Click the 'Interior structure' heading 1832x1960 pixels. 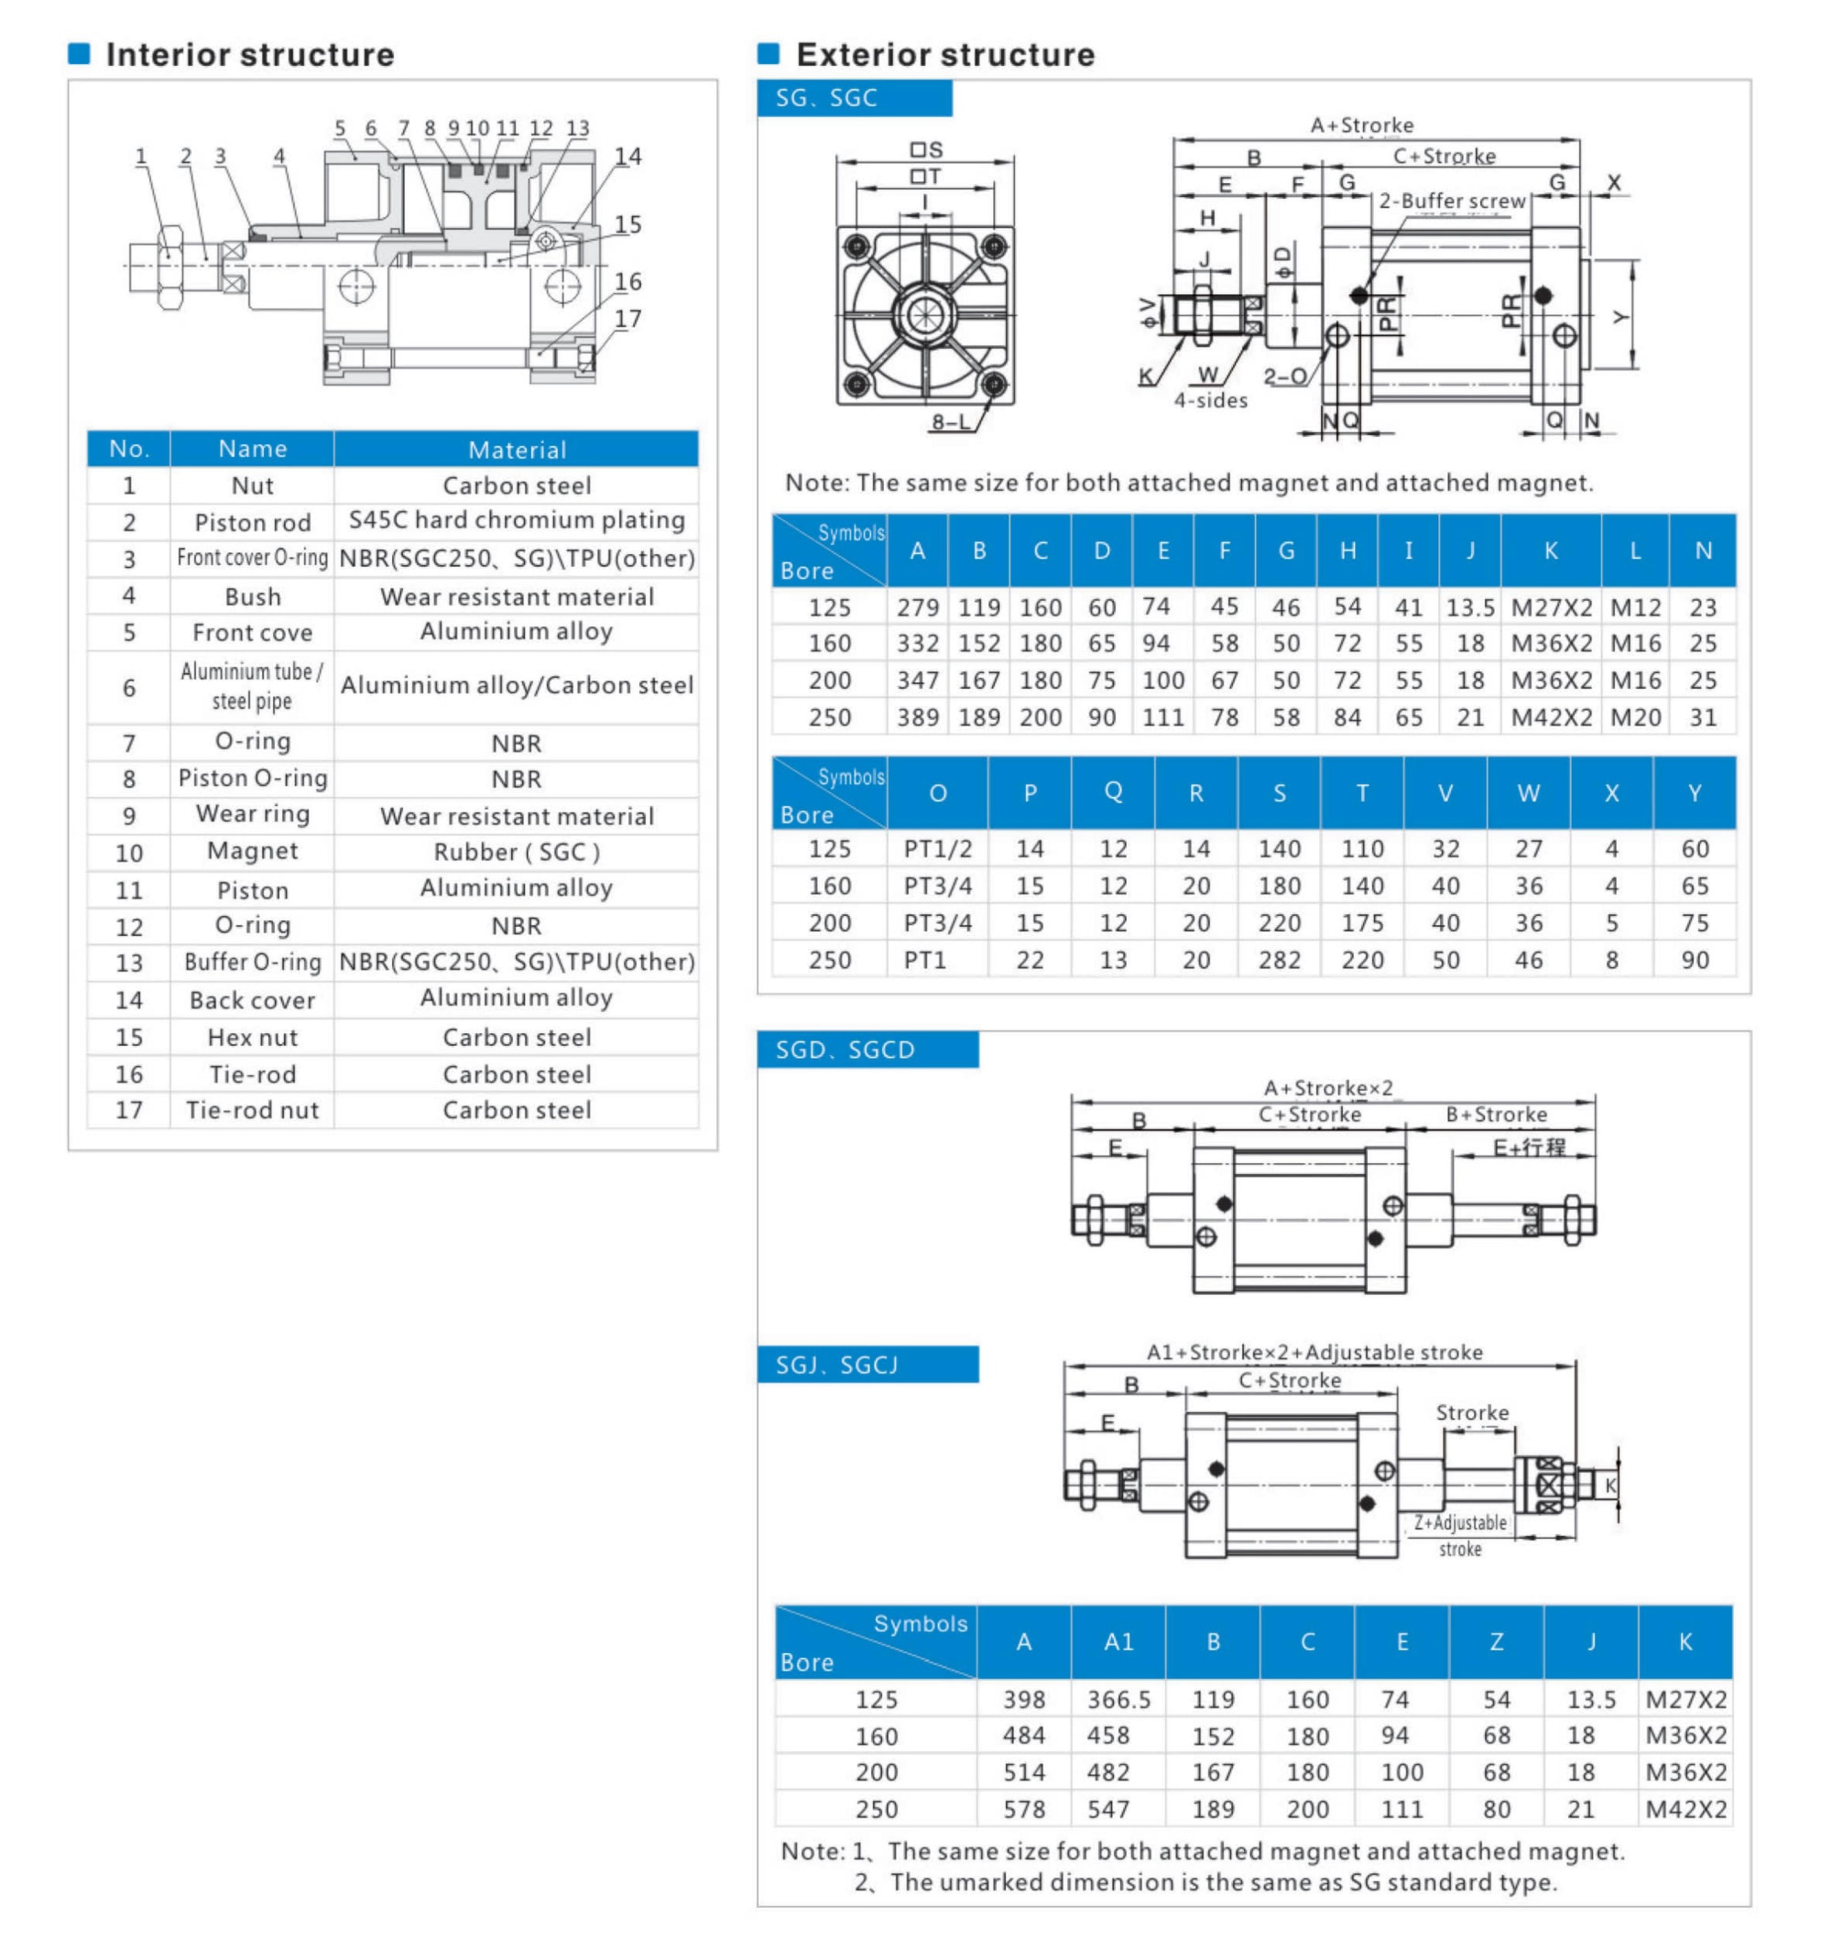249,55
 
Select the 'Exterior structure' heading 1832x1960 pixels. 944,55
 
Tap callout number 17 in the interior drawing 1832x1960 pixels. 627,320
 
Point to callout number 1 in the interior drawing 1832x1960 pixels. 141,157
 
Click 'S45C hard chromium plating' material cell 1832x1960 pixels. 517,520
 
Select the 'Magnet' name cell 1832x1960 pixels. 253,852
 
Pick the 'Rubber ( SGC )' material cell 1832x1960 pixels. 517,853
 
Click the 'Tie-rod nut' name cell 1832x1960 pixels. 253,1111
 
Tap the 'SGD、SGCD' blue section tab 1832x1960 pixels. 845,1050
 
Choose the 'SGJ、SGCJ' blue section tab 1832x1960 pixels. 837,1366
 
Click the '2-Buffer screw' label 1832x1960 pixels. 1451,201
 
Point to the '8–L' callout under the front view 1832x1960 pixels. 951,423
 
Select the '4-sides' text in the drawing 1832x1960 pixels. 1210,400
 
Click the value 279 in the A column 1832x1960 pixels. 917,607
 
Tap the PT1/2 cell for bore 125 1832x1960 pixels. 937,849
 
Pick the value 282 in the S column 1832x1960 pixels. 1279,960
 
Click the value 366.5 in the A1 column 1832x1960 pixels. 1118,1700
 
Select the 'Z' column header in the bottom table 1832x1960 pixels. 1496,1641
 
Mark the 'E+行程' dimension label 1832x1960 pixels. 1528,1147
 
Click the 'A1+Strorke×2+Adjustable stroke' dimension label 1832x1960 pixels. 1314,1353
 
